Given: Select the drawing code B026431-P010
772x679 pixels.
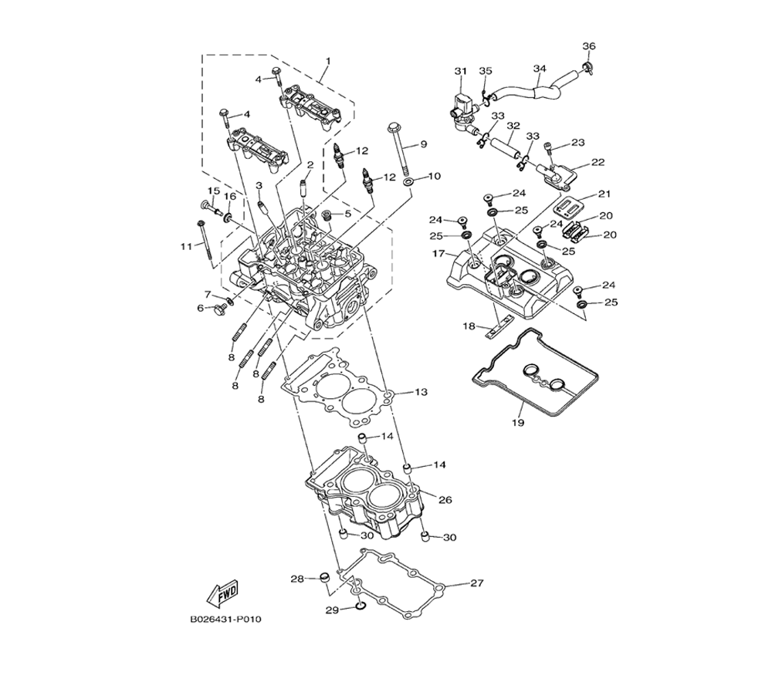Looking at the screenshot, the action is pos(225,619).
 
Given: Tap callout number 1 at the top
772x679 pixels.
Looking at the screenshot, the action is pos(328,62).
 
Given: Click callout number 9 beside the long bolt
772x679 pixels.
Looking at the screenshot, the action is pos(423,144).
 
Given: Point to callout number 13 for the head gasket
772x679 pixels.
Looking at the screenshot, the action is pos(421,392).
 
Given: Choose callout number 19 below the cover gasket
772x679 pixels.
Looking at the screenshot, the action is pos(518,422).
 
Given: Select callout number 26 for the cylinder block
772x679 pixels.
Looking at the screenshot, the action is pos(445,500).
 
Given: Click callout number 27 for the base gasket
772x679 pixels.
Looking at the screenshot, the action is pos(476,583).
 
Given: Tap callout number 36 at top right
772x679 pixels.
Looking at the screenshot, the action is pos(589,46).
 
